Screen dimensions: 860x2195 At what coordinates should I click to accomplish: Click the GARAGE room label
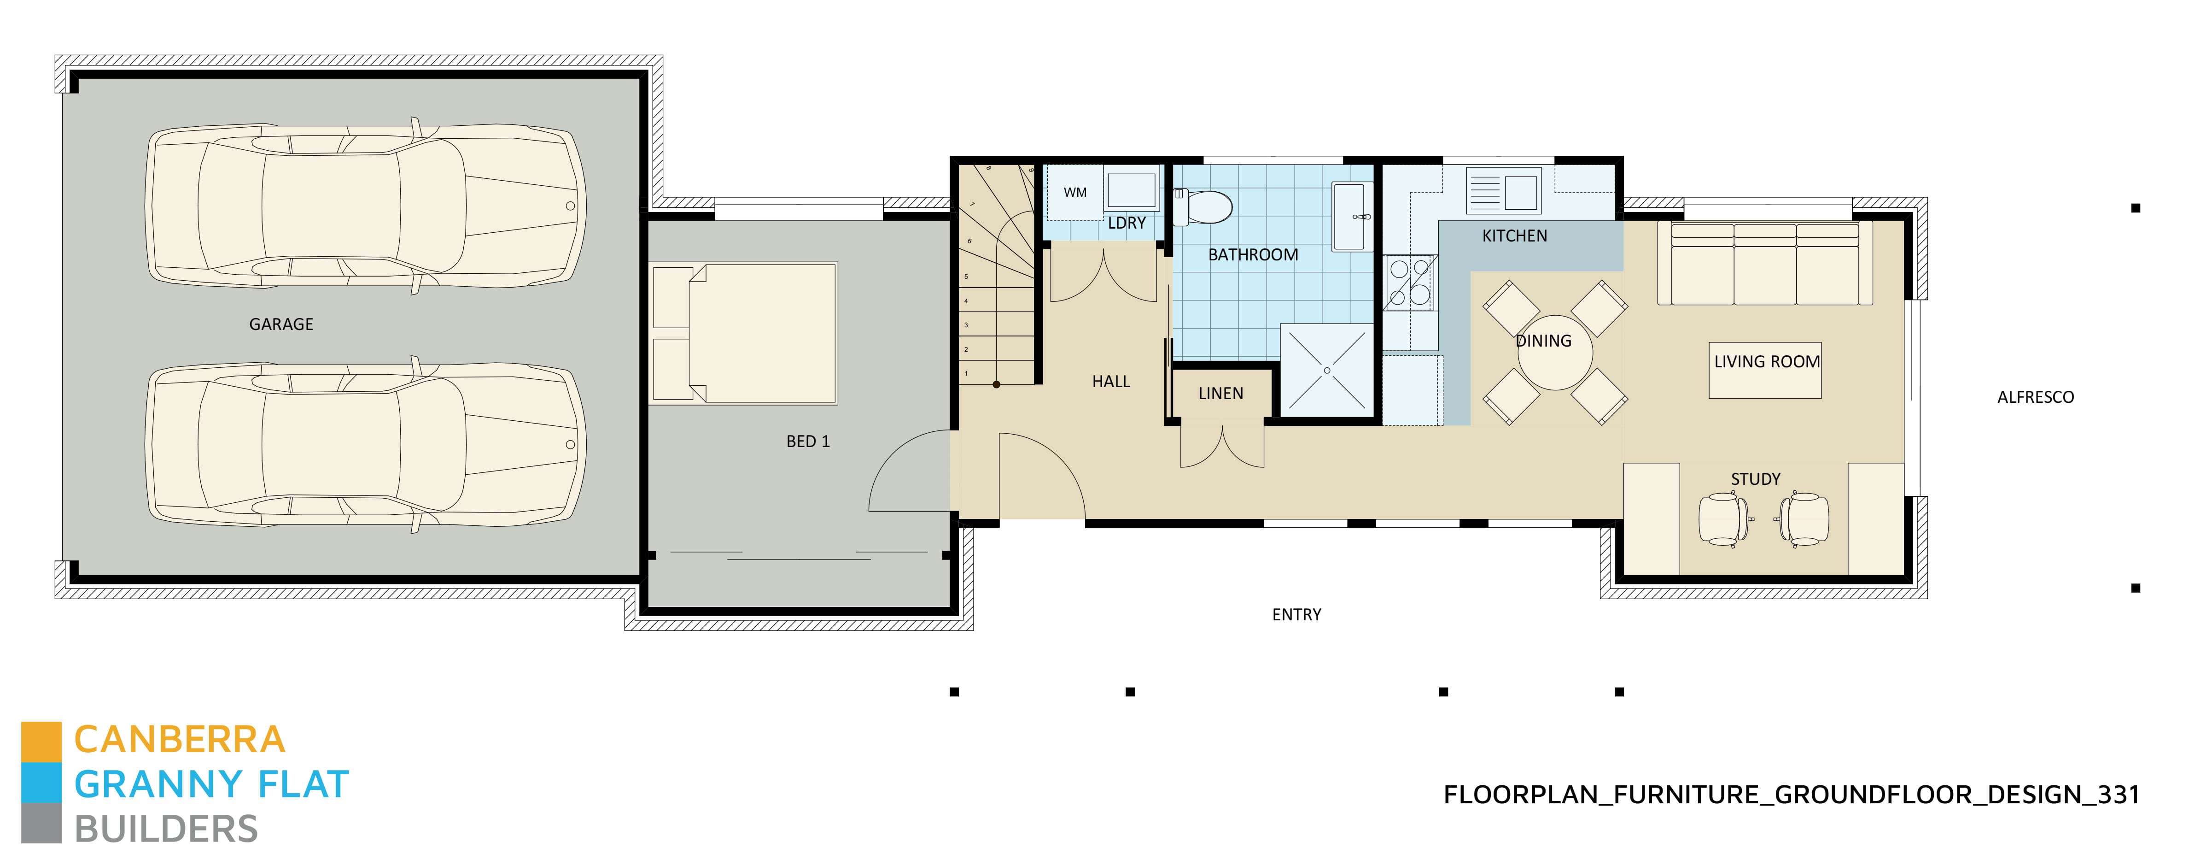click(x=281, y=324)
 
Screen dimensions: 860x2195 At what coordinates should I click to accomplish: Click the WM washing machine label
click(x=1074, y=193)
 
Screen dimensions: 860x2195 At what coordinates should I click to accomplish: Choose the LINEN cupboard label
click(x=1220, y=394)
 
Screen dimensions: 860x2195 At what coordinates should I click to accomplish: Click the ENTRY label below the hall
click(x=1296, y=614)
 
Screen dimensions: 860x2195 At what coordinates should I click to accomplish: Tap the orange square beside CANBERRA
click(x=41, y=742)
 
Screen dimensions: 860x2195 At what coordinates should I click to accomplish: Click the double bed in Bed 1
click(x=744, y=332)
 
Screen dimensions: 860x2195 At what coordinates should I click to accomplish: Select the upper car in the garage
click(x=367, y=206)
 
